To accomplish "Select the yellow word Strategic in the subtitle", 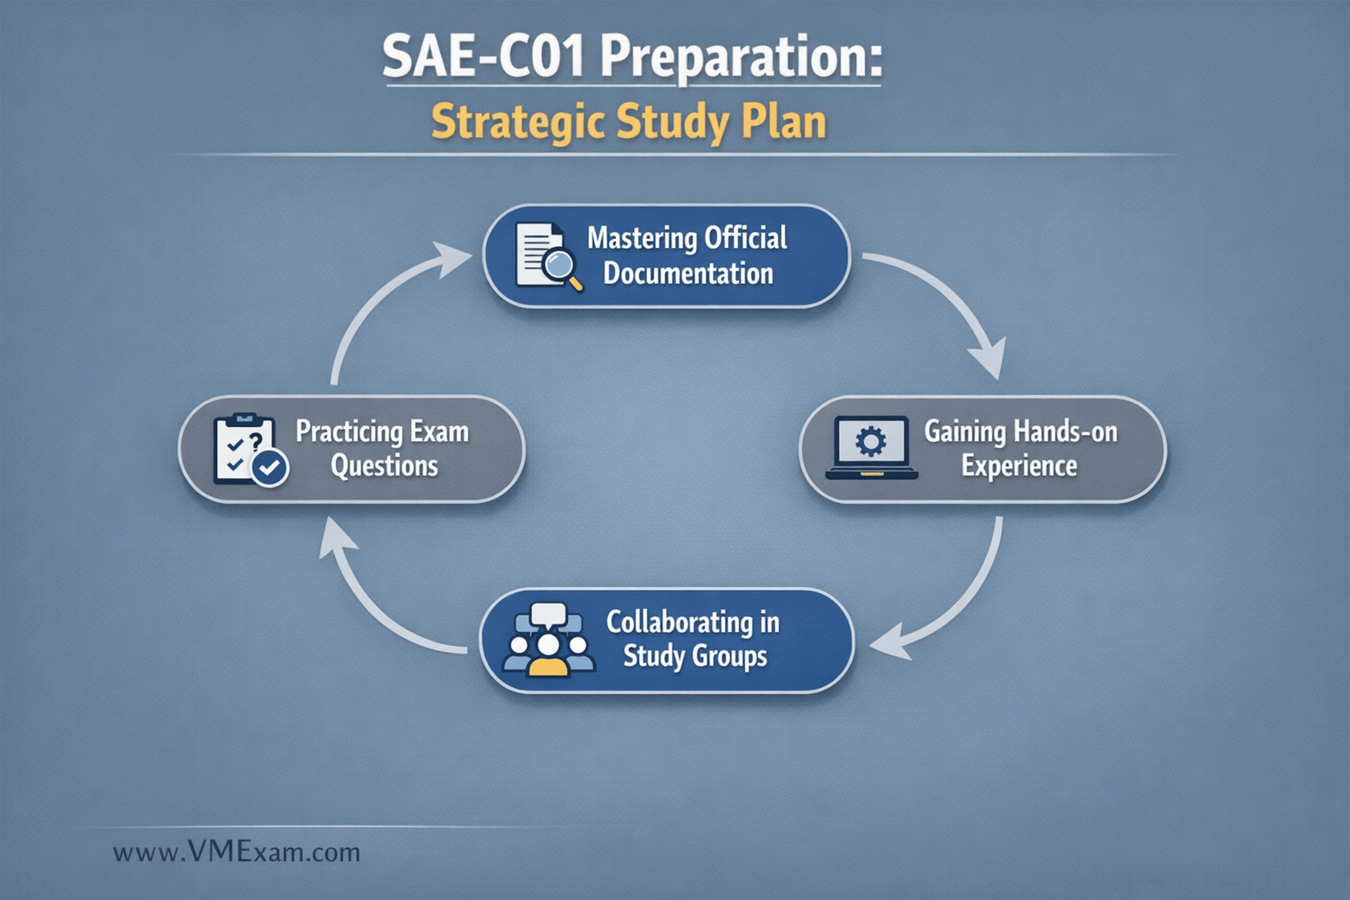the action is click(x=519, y=124).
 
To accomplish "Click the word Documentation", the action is click(x=688, y=273).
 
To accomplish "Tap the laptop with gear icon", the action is click(x=872, y=448).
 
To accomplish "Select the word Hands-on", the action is click(x=1065, y=432).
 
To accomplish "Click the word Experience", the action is click(x=1020, y=466).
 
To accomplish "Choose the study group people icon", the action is click(x=548, y=640).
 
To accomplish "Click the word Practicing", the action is click(x=350, y=432).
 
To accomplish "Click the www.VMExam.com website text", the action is click(x=236, y=853).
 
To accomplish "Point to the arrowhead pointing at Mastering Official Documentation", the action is click(x=452, y=258).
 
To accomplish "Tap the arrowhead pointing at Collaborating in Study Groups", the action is click(x=890, y=644).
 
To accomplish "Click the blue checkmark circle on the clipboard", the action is click(x=270, y=468).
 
